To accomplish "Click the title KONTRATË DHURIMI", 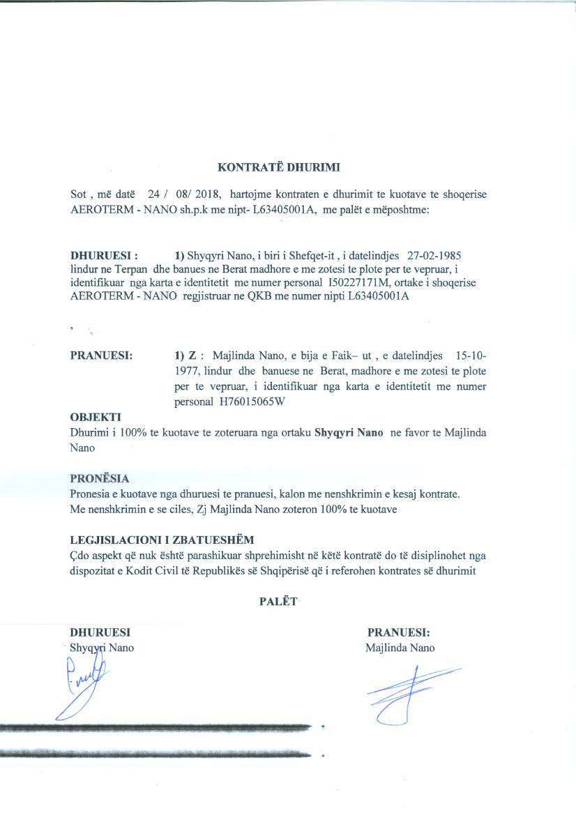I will pyautogui.click(x=287, y=167).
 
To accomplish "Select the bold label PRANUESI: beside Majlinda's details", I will pyautogui.click(x=102, y=355).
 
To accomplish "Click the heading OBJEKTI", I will pyautogui.click(x=96, y=417).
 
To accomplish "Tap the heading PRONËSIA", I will pyautogui.click(x=100, y=479).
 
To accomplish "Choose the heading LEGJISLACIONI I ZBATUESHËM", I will pyautogui.click(x=162, y=540).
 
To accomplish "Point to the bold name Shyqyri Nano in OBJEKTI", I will pyautogui.click(x=349, y=432).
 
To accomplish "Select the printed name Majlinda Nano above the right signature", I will pyautogui.click(x=400, y=648).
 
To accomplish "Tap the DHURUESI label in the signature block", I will pyautogui.click(x=101, y=633).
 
